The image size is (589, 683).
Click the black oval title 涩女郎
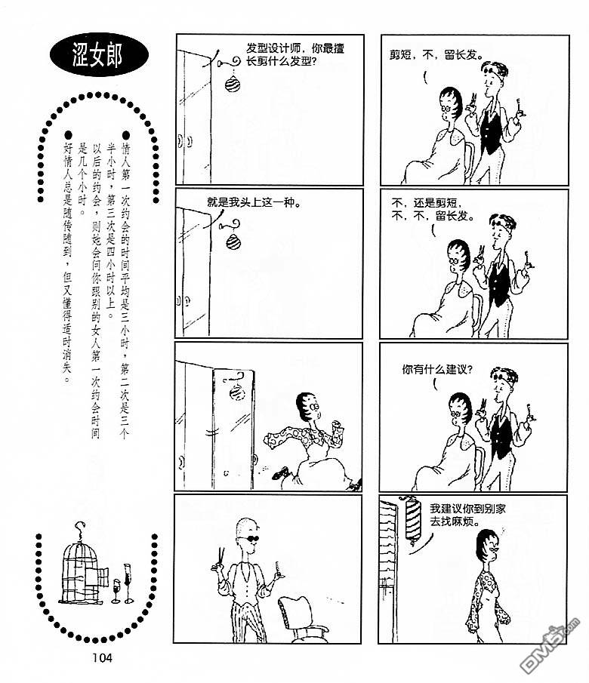[98, 55]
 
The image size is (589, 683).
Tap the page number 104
[102, 658]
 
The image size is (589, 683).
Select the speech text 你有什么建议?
[437, 370]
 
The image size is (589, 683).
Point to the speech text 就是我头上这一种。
[254, 202]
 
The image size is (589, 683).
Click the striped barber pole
[412, 520]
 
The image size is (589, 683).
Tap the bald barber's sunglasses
[250, 539]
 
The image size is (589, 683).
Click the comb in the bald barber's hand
[278, 568]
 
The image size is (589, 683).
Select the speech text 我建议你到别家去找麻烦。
[467, 515]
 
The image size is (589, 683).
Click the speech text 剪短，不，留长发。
[436, 55]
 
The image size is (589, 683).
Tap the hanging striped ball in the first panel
[233, 83]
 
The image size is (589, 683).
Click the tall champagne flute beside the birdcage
[128, 583]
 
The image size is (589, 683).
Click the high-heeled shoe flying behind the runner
[280, 472]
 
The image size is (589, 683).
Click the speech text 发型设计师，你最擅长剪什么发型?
[295, 54]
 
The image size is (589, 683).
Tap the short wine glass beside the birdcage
[116, 591]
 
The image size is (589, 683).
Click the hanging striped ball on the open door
[238, 392]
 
